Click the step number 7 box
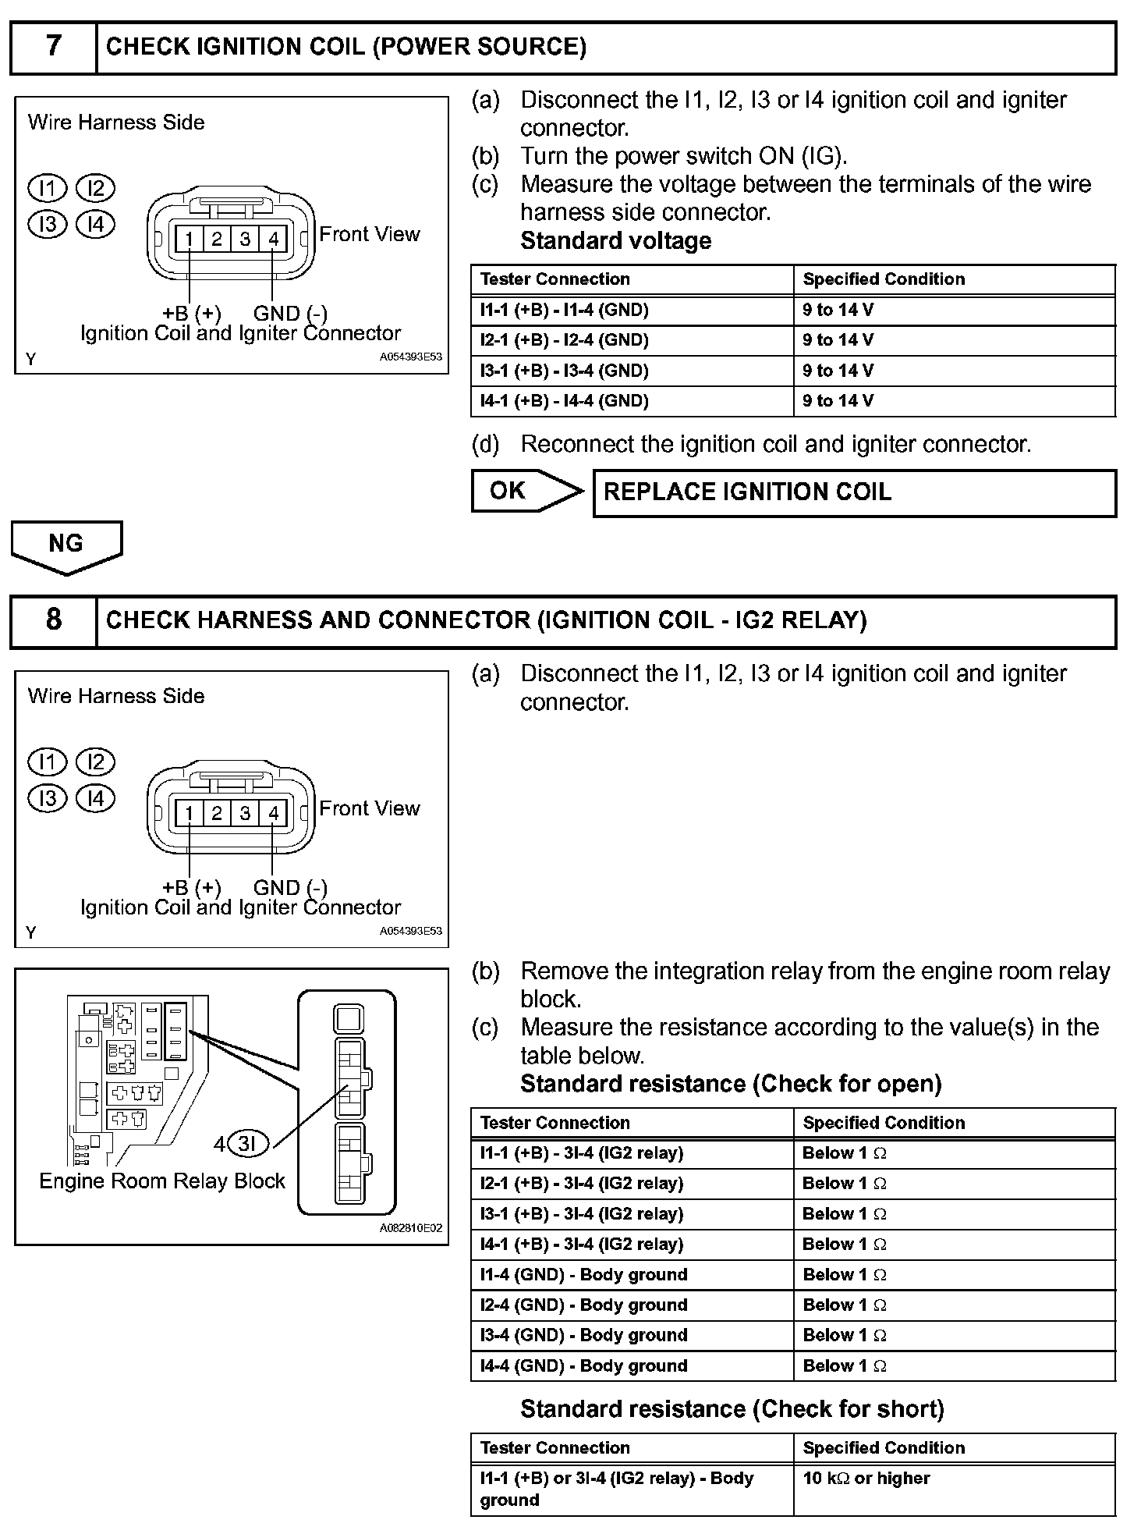(x=53, y=47)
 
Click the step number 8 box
(x=53, y=620)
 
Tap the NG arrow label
(x=66, y=544)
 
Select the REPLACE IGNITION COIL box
(x=854, y=492)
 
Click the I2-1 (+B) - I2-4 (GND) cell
(x=632, y=340)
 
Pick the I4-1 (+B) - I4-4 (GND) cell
(x=632, y=401)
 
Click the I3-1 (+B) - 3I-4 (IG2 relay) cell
(x=632, y=1214)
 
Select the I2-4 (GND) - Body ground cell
(x=632, y=1305)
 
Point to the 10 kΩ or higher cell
(x=953, y=1479)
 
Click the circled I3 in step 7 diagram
(x=48, y=225)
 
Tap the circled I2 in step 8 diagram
(x=95, y=762)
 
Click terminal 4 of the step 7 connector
(x=273, y=239)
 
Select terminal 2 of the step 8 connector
(x=217, y=814)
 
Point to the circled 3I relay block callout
(x=246, y=1144)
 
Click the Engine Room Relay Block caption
(x=162, y=1181)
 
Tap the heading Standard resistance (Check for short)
(x=732, y=1409)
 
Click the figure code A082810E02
(x=411, y=1228)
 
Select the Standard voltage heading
(x=615, y=241)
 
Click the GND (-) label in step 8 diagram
(x=290, y=887)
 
